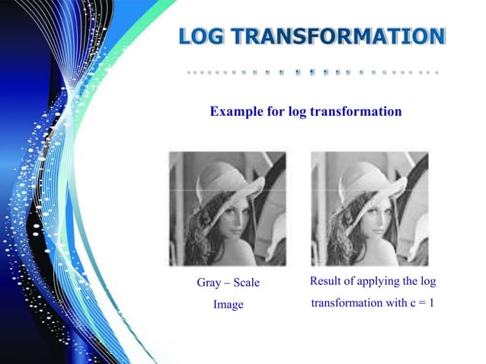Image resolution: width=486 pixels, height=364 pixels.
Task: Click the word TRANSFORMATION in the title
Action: (341, 37)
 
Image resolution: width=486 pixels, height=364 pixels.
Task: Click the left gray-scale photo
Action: (227, 208)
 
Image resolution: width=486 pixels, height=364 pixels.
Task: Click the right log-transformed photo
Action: (369, 208)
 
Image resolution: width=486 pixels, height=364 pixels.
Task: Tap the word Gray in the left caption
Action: (209, 283)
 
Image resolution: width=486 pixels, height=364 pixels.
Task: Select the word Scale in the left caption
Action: (246, 283)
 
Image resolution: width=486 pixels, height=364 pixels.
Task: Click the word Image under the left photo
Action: (228, 305)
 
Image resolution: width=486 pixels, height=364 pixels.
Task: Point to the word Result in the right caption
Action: (326, 283)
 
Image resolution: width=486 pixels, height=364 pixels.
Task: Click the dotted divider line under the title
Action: (312, 73)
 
